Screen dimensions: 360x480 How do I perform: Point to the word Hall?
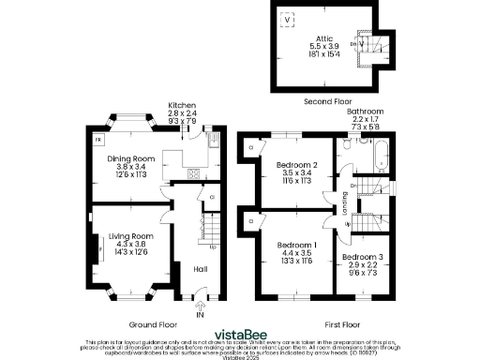pos(200,268)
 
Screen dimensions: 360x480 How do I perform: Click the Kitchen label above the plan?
pos(181,105)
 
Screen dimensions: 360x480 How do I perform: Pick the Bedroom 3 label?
pos(361,257)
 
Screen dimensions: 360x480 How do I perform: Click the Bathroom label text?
pos(366,111)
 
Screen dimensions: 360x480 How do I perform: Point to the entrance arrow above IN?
pos(200,304)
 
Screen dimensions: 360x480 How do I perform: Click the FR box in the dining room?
pos(97,140)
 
